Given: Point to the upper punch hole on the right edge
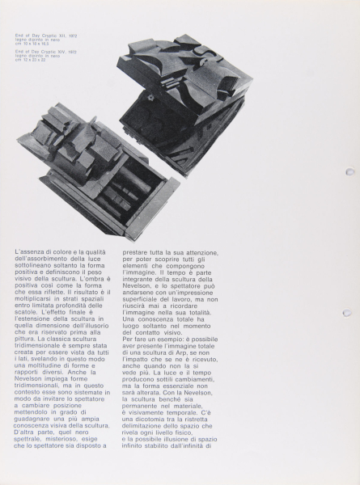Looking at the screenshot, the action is pos(348,171).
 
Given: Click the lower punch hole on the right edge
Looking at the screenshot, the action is pos(347,313).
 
